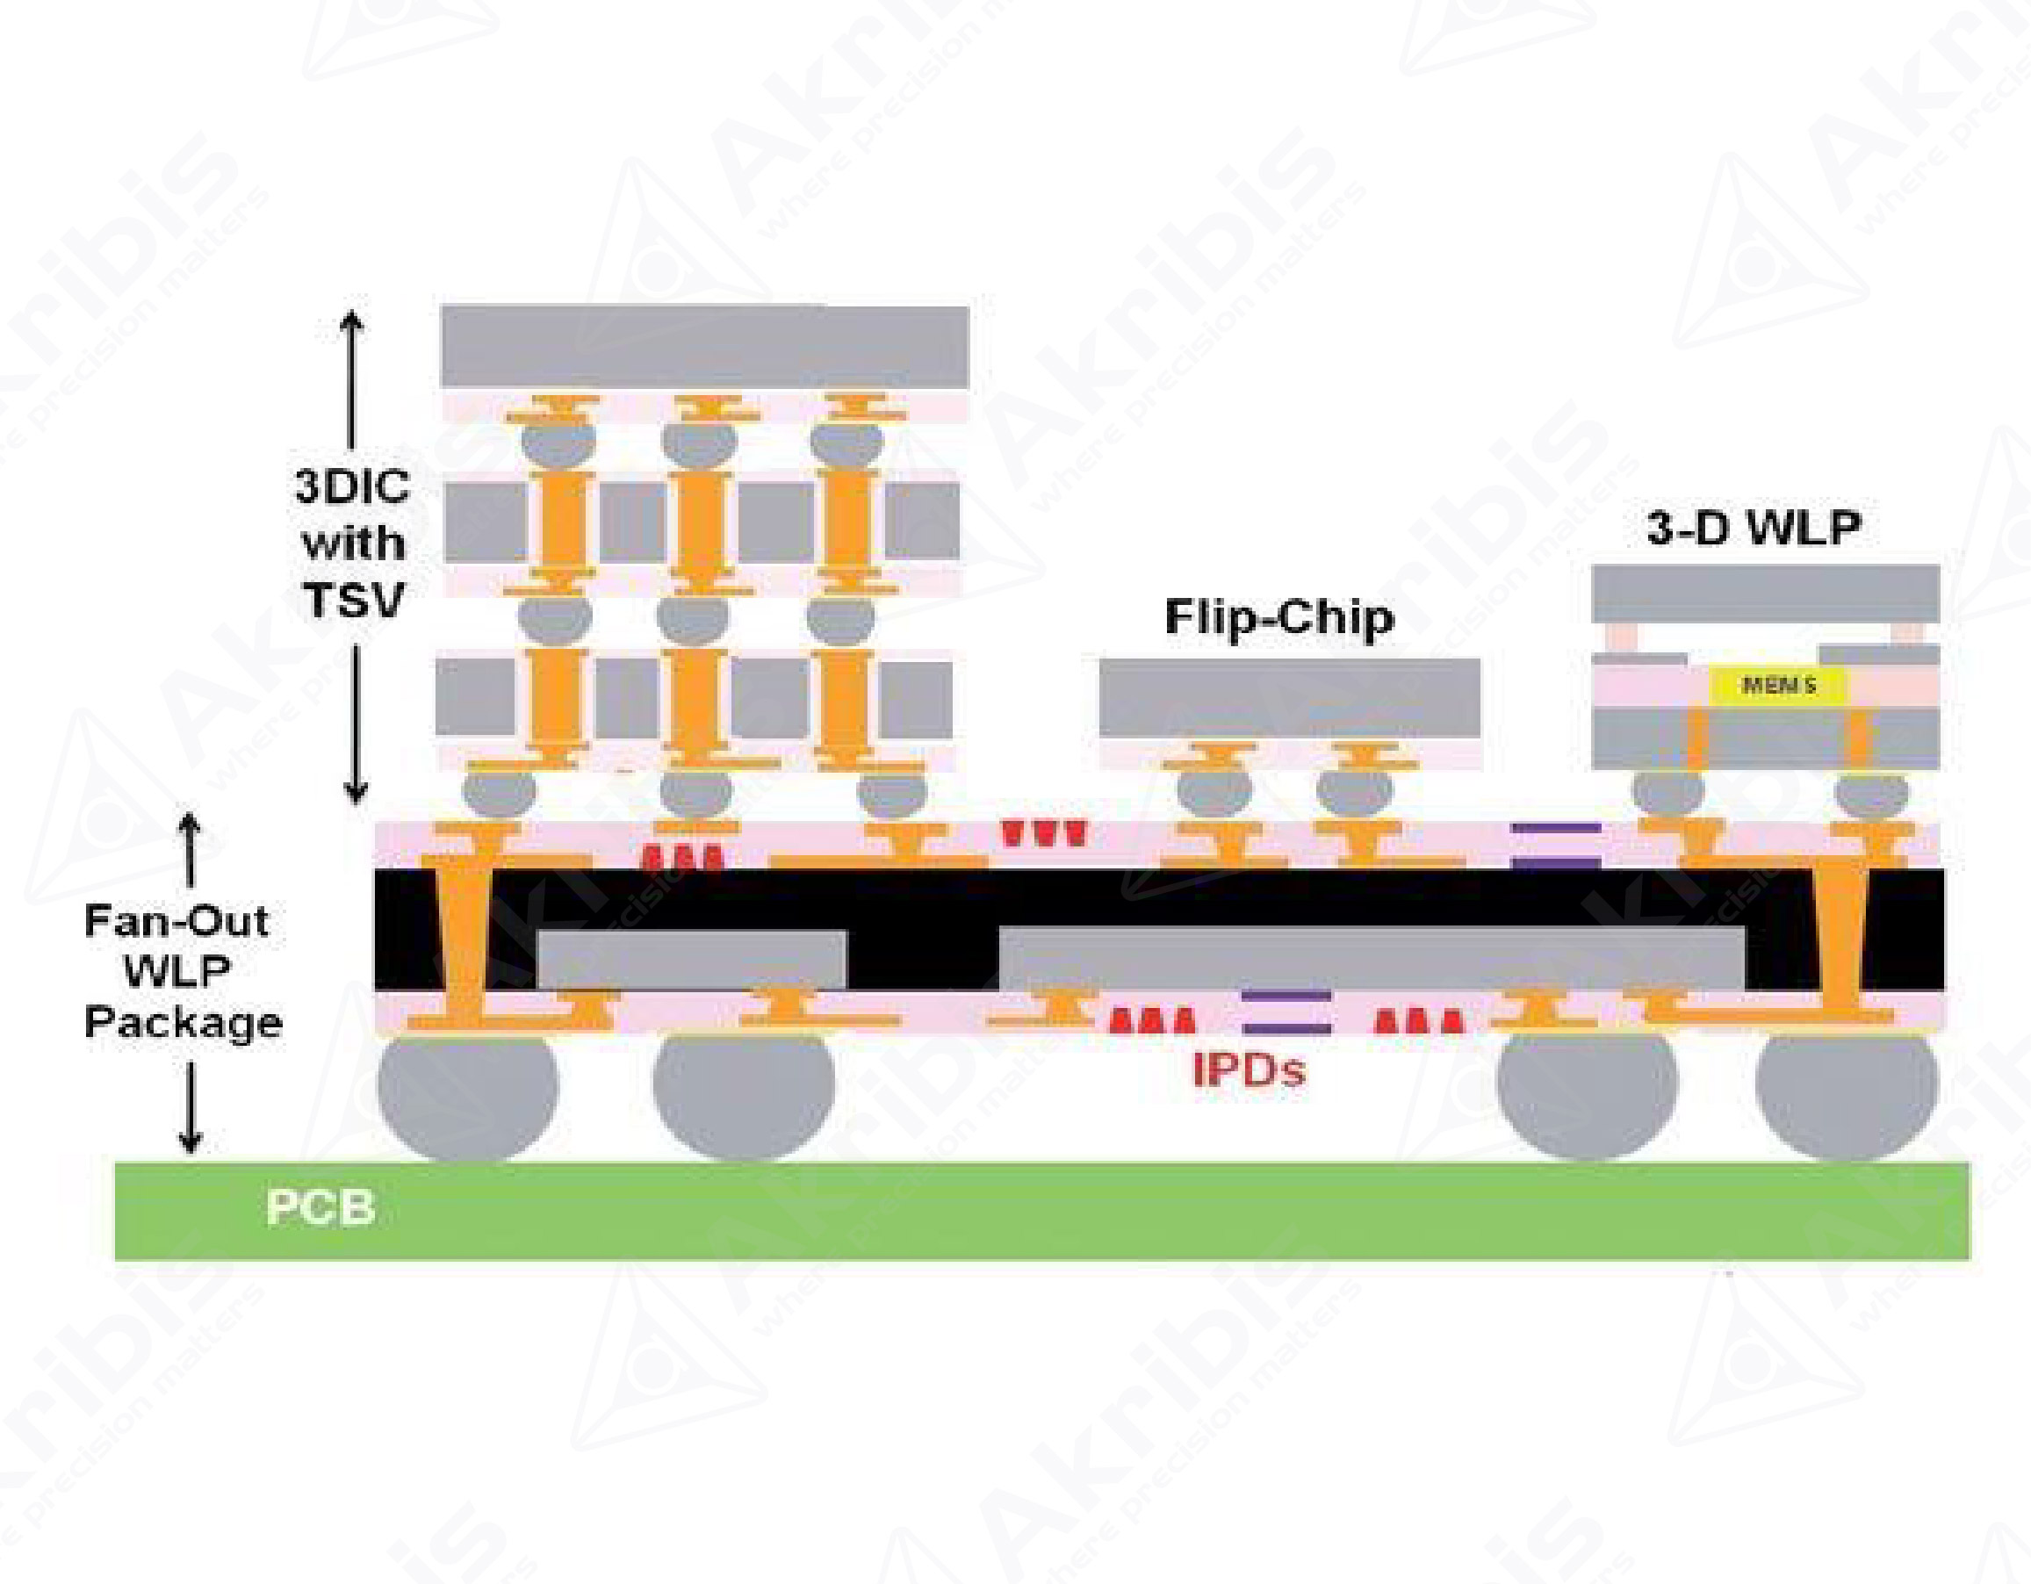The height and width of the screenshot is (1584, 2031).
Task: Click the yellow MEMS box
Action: pos(1778,687)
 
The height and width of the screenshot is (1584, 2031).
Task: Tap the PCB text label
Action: pos(320,1207)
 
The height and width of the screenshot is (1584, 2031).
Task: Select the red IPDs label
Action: pos(1248,1070)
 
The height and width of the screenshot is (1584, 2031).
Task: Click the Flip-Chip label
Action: pos(1278,616)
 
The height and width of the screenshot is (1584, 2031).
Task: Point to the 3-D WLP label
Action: pos(1753,528)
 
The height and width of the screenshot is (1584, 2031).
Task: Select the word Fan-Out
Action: pos(176,921)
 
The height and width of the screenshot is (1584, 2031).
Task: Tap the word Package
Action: pos(184,1022)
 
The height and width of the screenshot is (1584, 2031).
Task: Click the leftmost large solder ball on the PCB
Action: pos(467,1096)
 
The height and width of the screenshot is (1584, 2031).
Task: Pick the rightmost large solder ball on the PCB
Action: pos(1846,1096)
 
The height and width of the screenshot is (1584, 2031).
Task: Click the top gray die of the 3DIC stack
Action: pos(704,346)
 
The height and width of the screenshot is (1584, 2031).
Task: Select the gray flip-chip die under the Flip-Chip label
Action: pos(1289,697)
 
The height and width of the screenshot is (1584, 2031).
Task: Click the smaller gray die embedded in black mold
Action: pos(692,959)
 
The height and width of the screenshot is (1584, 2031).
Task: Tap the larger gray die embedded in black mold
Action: pos(1371,958)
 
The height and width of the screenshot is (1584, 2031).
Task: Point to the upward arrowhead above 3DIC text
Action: pos(350,320)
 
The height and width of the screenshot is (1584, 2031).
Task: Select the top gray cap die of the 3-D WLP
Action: pos(1765,594)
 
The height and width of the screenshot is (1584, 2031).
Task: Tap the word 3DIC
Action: pos(351,486)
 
